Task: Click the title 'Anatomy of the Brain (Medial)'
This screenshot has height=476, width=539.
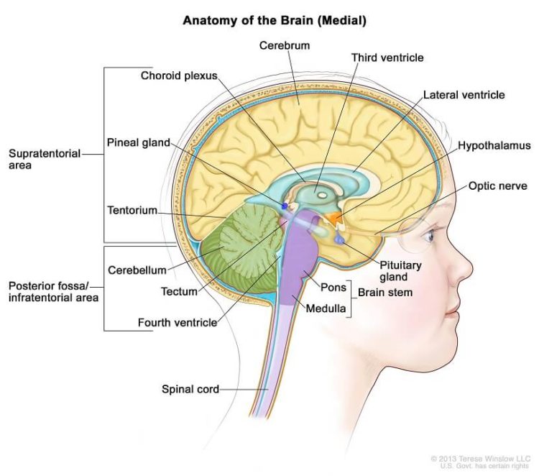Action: (x=275, y=20)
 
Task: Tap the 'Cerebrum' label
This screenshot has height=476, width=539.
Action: (x=285, y=46)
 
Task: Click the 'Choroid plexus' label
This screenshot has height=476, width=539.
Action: (x=178, y=75)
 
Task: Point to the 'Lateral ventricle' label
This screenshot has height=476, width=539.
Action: (x=464, y=95)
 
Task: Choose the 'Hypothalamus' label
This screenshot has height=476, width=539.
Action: (x=494, y=145)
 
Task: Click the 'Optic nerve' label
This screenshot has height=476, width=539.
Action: (x=499, y=185)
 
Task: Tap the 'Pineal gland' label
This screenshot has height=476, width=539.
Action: (x=139, y=142)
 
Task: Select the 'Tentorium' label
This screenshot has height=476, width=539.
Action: (x=132, y=210)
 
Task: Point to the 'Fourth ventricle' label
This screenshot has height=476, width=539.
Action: (x=177, y=323)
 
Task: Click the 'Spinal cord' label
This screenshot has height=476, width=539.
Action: (x=190, y=390)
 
